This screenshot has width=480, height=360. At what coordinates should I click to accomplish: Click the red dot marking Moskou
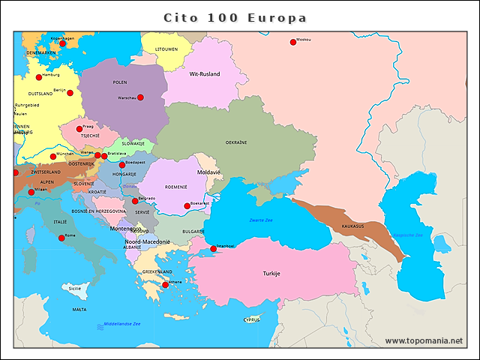point(293,42)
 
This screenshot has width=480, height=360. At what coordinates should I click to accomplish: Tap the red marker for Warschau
point(140,97)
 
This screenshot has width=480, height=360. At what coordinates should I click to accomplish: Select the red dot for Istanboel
point(213,249)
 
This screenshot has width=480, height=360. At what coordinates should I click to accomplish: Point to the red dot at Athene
point(166,285)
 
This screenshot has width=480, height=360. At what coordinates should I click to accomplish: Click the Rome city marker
point(61,238)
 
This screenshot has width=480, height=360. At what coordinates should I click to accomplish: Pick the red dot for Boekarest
point(187,205)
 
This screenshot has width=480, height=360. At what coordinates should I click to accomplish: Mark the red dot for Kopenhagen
point(63,43)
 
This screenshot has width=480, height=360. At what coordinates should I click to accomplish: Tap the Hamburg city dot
point(39,77)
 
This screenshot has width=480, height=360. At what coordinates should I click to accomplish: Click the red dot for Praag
point(79,129)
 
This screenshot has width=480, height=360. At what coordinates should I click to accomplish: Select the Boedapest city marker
point(122,165)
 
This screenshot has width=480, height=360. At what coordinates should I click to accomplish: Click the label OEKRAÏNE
point(235,142)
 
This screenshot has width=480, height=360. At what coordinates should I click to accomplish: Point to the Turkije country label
point(271,274)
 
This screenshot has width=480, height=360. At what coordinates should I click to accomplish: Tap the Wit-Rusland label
point(204,74)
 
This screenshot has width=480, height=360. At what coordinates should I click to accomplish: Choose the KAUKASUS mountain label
point(352,226)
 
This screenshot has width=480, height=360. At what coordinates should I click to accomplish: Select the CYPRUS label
point(251,319)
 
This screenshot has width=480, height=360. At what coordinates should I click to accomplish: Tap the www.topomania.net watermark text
point(424,340)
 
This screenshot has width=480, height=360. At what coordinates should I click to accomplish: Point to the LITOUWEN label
point(166,49)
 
